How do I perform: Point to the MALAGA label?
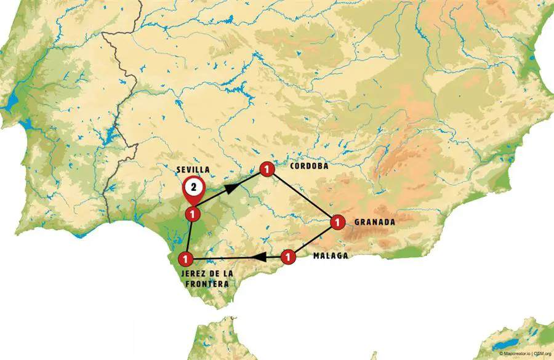click(x=331, y=255)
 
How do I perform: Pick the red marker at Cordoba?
click(x=267, y=169)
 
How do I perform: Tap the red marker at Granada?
click(x=336, y=222)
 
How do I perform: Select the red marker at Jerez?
click(x=185, y=258)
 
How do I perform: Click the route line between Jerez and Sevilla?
click(x=189, y=236)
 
